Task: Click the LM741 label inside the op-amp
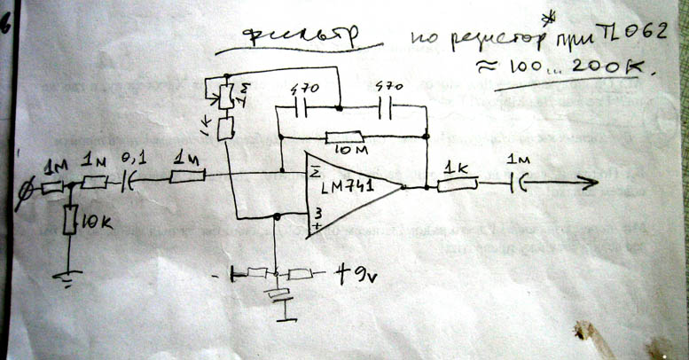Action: [347, 188]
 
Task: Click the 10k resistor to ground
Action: [71, 217]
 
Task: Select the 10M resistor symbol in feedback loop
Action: [346, 137]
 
